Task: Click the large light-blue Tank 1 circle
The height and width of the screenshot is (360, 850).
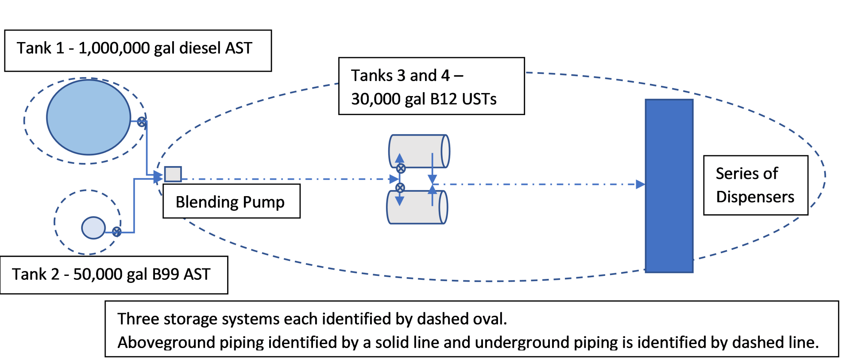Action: (89, 117)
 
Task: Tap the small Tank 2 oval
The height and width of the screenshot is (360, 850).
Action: (93, 228)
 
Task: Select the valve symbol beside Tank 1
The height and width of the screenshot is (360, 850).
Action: (141, 122)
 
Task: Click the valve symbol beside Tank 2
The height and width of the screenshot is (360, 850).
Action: (116, 232)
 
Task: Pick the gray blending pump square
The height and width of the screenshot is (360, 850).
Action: (173, 174)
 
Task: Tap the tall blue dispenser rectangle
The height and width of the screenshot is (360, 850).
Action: (669, 186)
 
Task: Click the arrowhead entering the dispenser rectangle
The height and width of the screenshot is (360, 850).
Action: (640, 184)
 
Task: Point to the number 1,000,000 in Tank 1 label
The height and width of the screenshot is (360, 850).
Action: (114, 48)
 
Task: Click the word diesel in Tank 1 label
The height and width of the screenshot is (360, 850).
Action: (200, 48)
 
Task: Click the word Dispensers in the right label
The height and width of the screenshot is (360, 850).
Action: (755, 197)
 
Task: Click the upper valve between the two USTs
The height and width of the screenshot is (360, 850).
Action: (401, 168)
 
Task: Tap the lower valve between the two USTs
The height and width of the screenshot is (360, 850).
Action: (400, 188)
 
